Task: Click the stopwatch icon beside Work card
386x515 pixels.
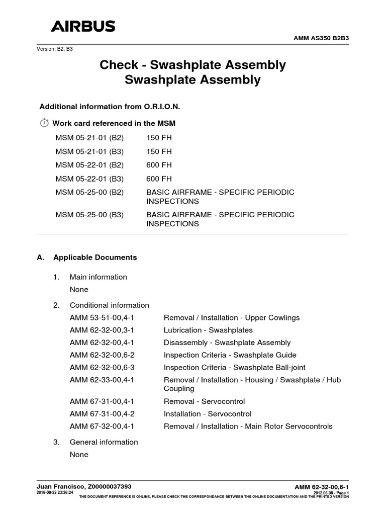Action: click(44, 123)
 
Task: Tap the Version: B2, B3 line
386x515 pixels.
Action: click(58, 49)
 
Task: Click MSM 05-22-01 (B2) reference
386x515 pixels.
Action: click(89, 165)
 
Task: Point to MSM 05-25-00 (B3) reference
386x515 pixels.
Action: click(89, 214)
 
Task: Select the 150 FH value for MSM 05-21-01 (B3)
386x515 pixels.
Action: click(159, 151)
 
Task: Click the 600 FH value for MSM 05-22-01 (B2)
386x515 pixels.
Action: click(159, 165)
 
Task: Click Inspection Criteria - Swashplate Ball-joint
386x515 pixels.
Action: click(234, 367)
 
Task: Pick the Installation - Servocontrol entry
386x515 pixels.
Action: click(208, 414)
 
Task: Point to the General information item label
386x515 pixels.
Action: click(104, 442)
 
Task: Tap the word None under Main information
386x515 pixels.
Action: click(79, 289)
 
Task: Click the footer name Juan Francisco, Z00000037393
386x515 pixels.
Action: click(84, 486)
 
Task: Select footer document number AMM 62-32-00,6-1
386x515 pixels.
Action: click(321, 487)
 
